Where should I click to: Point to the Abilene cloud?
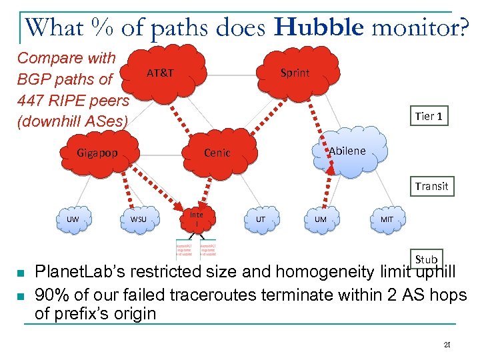tap(346, 151)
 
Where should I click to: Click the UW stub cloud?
tap(73, 219)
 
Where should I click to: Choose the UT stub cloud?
tap(260, 219)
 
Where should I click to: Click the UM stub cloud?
tap(321, 219)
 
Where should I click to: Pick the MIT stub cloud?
tap(386, 219)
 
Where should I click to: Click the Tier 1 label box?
tap(429, 116)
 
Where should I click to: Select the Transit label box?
tap(431, 186)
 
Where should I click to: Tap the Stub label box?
tap(426, 259)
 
